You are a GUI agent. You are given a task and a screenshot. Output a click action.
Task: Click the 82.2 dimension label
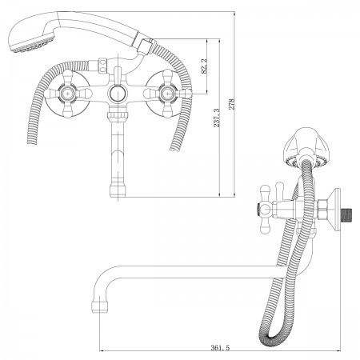[x=204, y=66]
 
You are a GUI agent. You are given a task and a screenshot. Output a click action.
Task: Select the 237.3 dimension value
[x=217, y=118]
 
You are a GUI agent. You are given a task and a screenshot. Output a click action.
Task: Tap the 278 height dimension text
[x=231, y=104]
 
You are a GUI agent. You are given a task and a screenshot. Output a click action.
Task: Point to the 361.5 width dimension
[x=220, y=347]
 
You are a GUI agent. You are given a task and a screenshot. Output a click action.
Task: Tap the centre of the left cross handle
[x=69, y=94]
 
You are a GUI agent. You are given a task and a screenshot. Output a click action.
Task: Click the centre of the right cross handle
[x=167, y=94]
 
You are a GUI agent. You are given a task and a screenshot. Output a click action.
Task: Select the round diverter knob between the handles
[x=118, y=94]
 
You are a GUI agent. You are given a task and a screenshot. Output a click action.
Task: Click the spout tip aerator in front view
[x=118, y=190]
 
